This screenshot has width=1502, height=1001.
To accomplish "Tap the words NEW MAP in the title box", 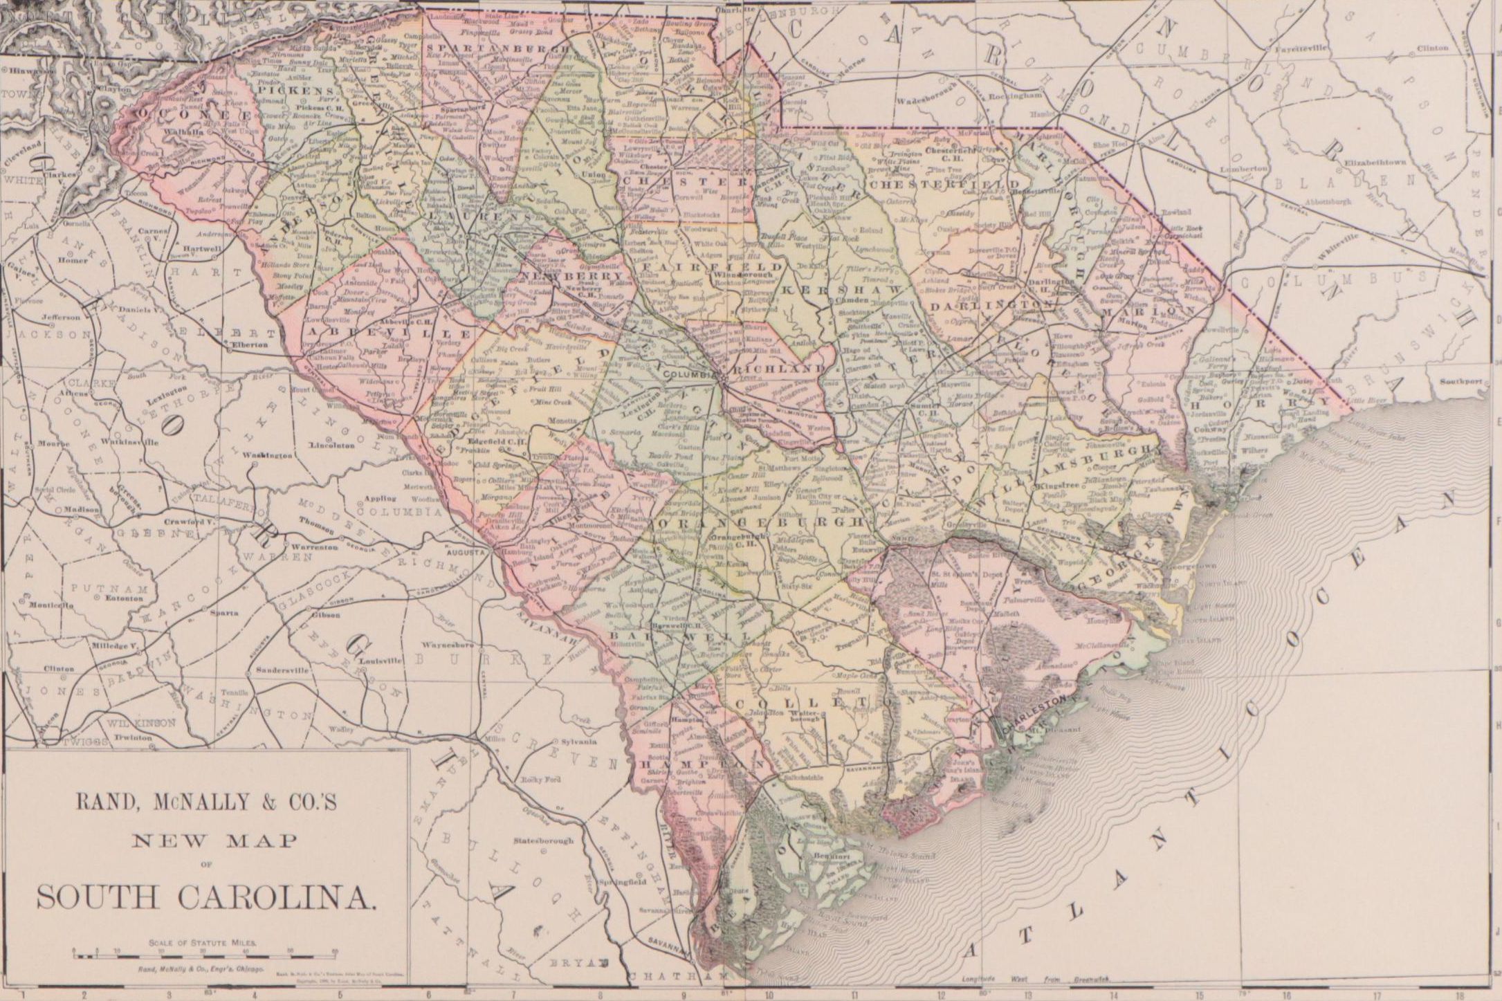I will (x=205, y=841).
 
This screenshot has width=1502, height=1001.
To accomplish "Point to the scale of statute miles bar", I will (x=205, y=955).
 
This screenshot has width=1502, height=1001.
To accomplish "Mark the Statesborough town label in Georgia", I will (x=544, y=841).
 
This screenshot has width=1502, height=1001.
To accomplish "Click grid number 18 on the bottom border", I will (x=1458, y=996).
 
